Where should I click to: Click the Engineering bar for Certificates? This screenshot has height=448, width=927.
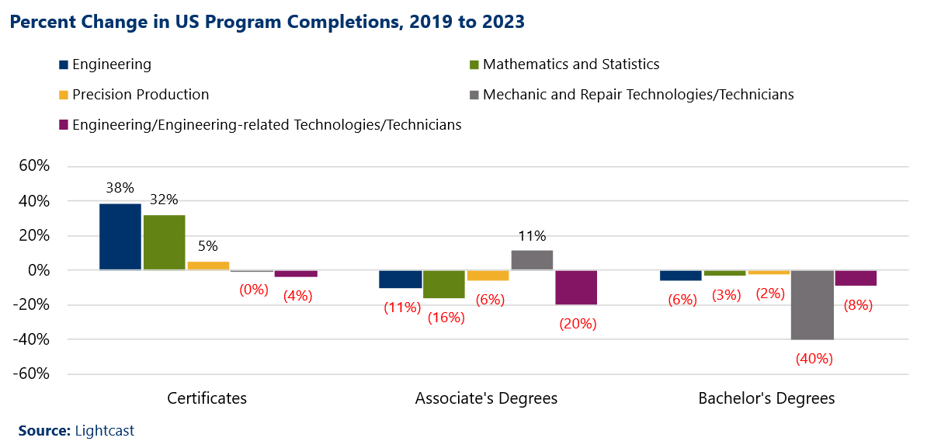point(120,237)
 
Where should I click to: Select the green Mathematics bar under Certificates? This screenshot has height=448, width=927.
point(164,242)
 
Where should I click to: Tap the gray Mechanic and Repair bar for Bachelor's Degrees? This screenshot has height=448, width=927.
point(812,304)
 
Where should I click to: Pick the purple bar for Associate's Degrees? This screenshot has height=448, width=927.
point(576,287)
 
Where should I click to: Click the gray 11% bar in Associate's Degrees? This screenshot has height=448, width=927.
point(532,260)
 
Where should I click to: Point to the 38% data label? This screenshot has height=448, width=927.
point(120,188)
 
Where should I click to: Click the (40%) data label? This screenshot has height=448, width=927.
point(813,359)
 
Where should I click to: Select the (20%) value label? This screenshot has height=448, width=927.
point(578,324)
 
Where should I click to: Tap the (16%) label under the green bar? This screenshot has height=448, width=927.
point(445,317)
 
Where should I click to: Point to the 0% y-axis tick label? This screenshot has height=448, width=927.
point(37,270)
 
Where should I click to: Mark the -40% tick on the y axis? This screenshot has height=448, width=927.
point(31,339)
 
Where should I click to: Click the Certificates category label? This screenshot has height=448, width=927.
point(207,398)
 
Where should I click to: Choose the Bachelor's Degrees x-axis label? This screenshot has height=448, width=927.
point(766,398)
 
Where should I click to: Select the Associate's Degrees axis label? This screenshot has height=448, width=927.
point(487,398)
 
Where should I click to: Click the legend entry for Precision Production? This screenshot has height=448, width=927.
point(141,95)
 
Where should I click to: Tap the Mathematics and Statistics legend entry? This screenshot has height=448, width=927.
point(571,64)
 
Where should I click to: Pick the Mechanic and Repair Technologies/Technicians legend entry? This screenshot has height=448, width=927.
point(637,95)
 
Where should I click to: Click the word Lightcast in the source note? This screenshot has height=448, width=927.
point(99,430)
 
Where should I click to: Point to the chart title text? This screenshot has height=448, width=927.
point(267,23)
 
